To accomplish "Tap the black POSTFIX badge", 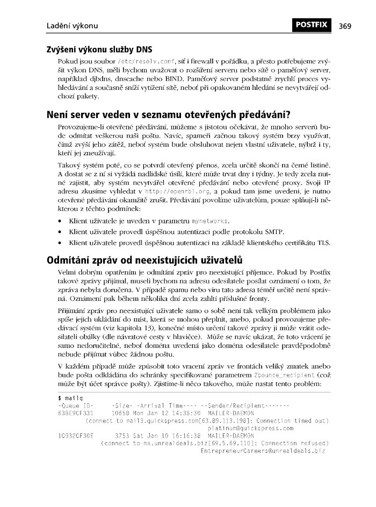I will pyautogui.click(x=313, y=25).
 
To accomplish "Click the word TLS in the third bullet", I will pyautogui.click(x=324, y=243).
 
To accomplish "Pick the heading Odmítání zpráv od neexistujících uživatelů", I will pyautogui.click(x=146, y=261).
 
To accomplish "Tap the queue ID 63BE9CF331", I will pyautogui.click(x=75, y=413).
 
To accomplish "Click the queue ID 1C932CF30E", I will pyautogui.click(x=75, y=436).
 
